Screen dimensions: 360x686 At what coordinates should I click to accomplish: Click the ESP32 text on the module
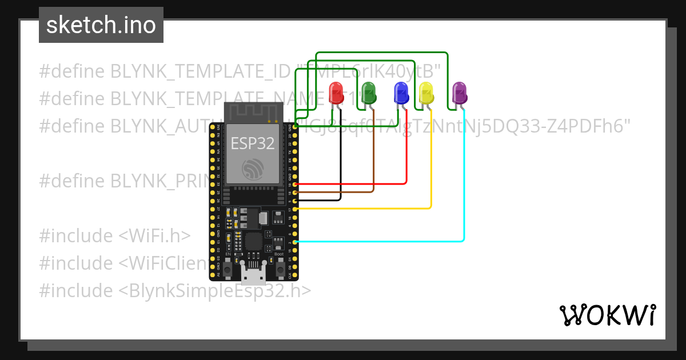click(x=252, y=143)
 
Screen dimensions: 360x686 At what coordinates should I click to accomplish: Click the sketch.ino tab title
click(x=101, y=25)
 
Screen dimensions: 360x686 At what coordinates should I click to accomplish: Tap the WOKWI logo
click(x=607, y=315)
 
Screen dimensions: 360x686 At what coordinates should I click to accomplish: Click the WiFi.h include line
click(x=115, y=236)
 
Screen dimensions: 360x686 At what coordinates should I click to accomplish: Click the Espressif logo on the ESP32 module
click(x=252, y=170)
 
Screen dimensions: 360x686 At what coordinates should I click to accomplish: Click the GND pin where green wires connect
click(x=295, y=129)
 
